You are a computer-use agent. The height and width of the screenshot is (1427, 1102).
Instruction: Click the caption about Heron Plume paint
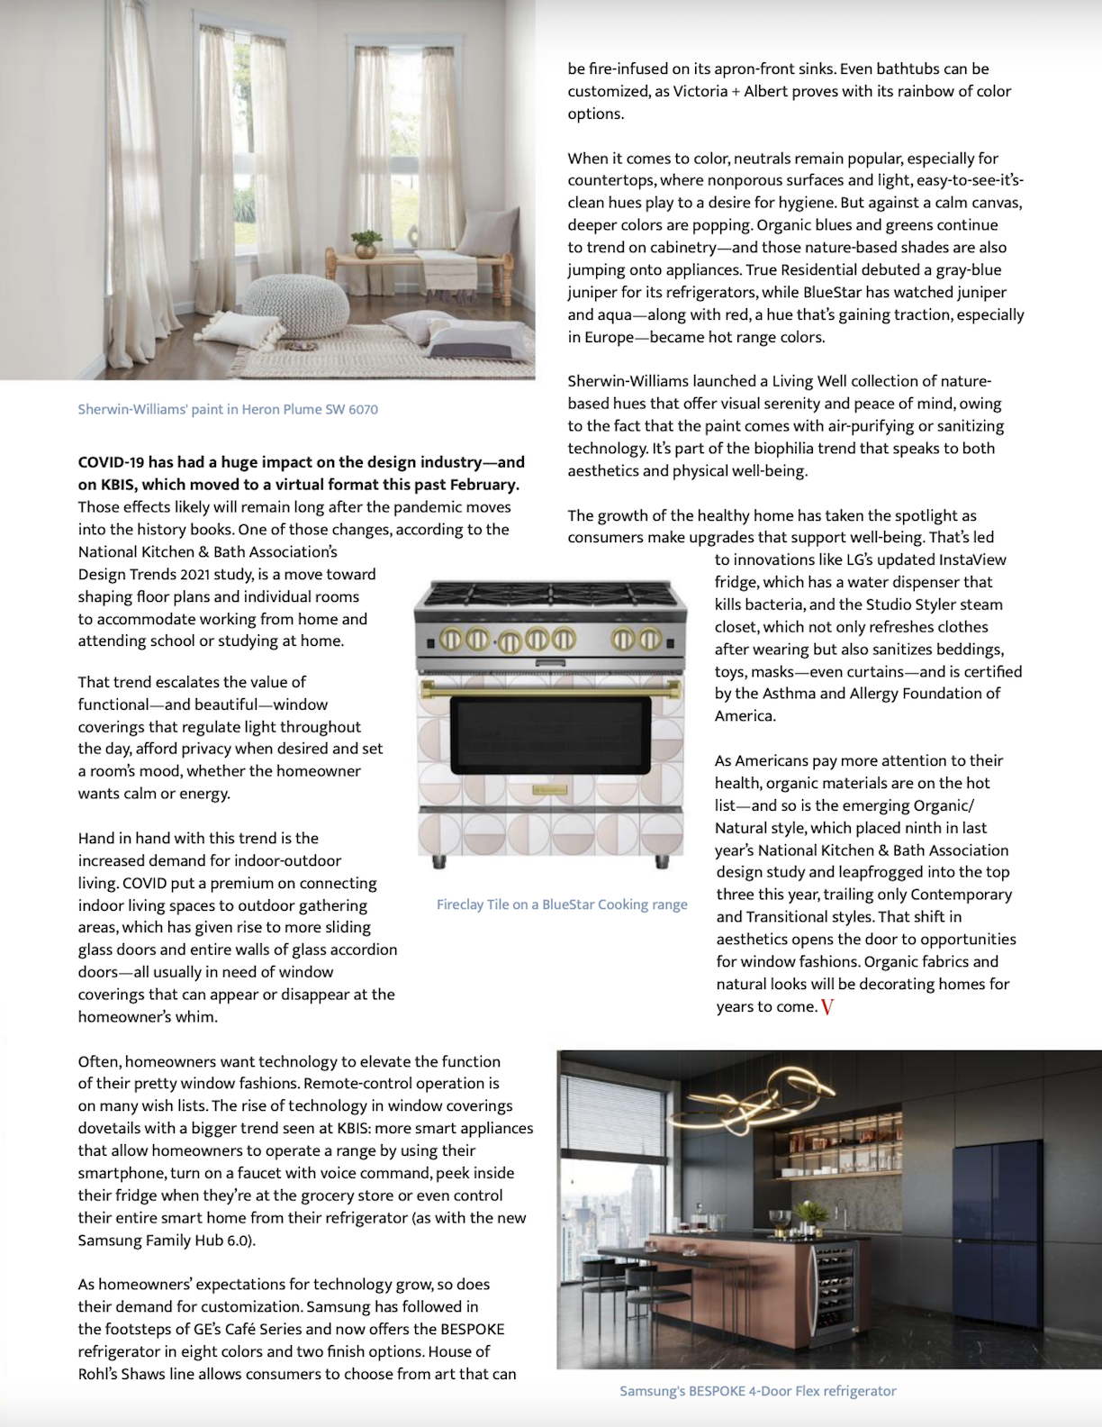[228, 409]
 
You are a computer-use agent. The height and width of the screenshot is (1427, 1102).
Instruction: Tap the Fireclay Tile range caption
[562, 904]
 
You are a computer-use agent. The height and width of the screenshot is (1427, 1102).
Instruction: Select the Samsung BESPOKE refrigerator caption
[757, 1391]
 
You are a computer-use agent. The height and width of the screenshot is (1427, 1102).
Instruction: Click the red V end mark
[827, 1007]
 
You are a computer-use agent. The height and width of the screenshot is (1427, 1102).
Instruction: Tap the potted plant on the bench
[366, 242]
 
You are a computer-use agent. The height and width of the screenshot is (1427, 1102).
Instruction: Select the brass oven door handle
[550, 689]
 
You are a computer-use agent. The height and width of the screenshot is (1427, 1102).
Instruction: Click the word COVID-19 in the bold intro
[112, 462]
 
